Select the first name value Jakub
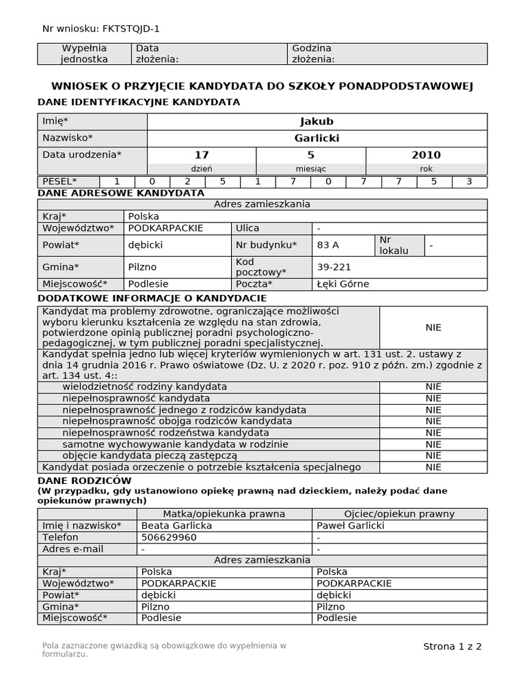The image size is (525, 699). pyautogui.click(x=317, y=122)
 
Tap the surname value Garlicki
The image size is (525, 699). pyautogui.click(x=317, y=138)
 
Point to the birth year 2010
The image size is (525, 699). pyautogui.click(x=426, y=155)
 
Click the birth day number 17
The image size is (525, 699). pyautogui.click(x=202, y=155)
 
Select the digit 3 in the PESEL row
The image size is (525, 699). pyautogui.click(x=468, y=182)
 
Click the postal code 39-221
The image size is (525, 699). pyautogui.click(x=334, y=267)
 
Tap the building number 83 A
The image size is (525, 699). pyautogui.click(x=328, y=244)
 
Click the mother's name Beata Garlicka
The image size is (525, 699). pyautogui.click(x=176, y=526)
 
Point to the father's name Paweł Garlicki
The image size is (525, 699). pyautogui.click(x=351, y=526)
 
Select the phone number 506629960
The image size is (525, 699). pyautogui.click(x=169, y=537)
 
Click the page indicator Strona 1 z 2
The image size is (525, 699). pyautogui.click(x=453, y=646)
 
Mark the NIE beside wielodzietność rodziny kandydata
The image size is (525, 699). pyautogui.click(x=433, y=386)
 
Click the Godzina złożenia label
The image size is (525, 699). pyautogui.click(x=313, y=54)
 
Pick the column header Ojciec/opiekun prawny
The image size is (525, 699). pyautogui.click(x=399, y=514)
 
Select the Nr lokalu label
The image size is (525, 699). pyautogui.click(x=394, y=245)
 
